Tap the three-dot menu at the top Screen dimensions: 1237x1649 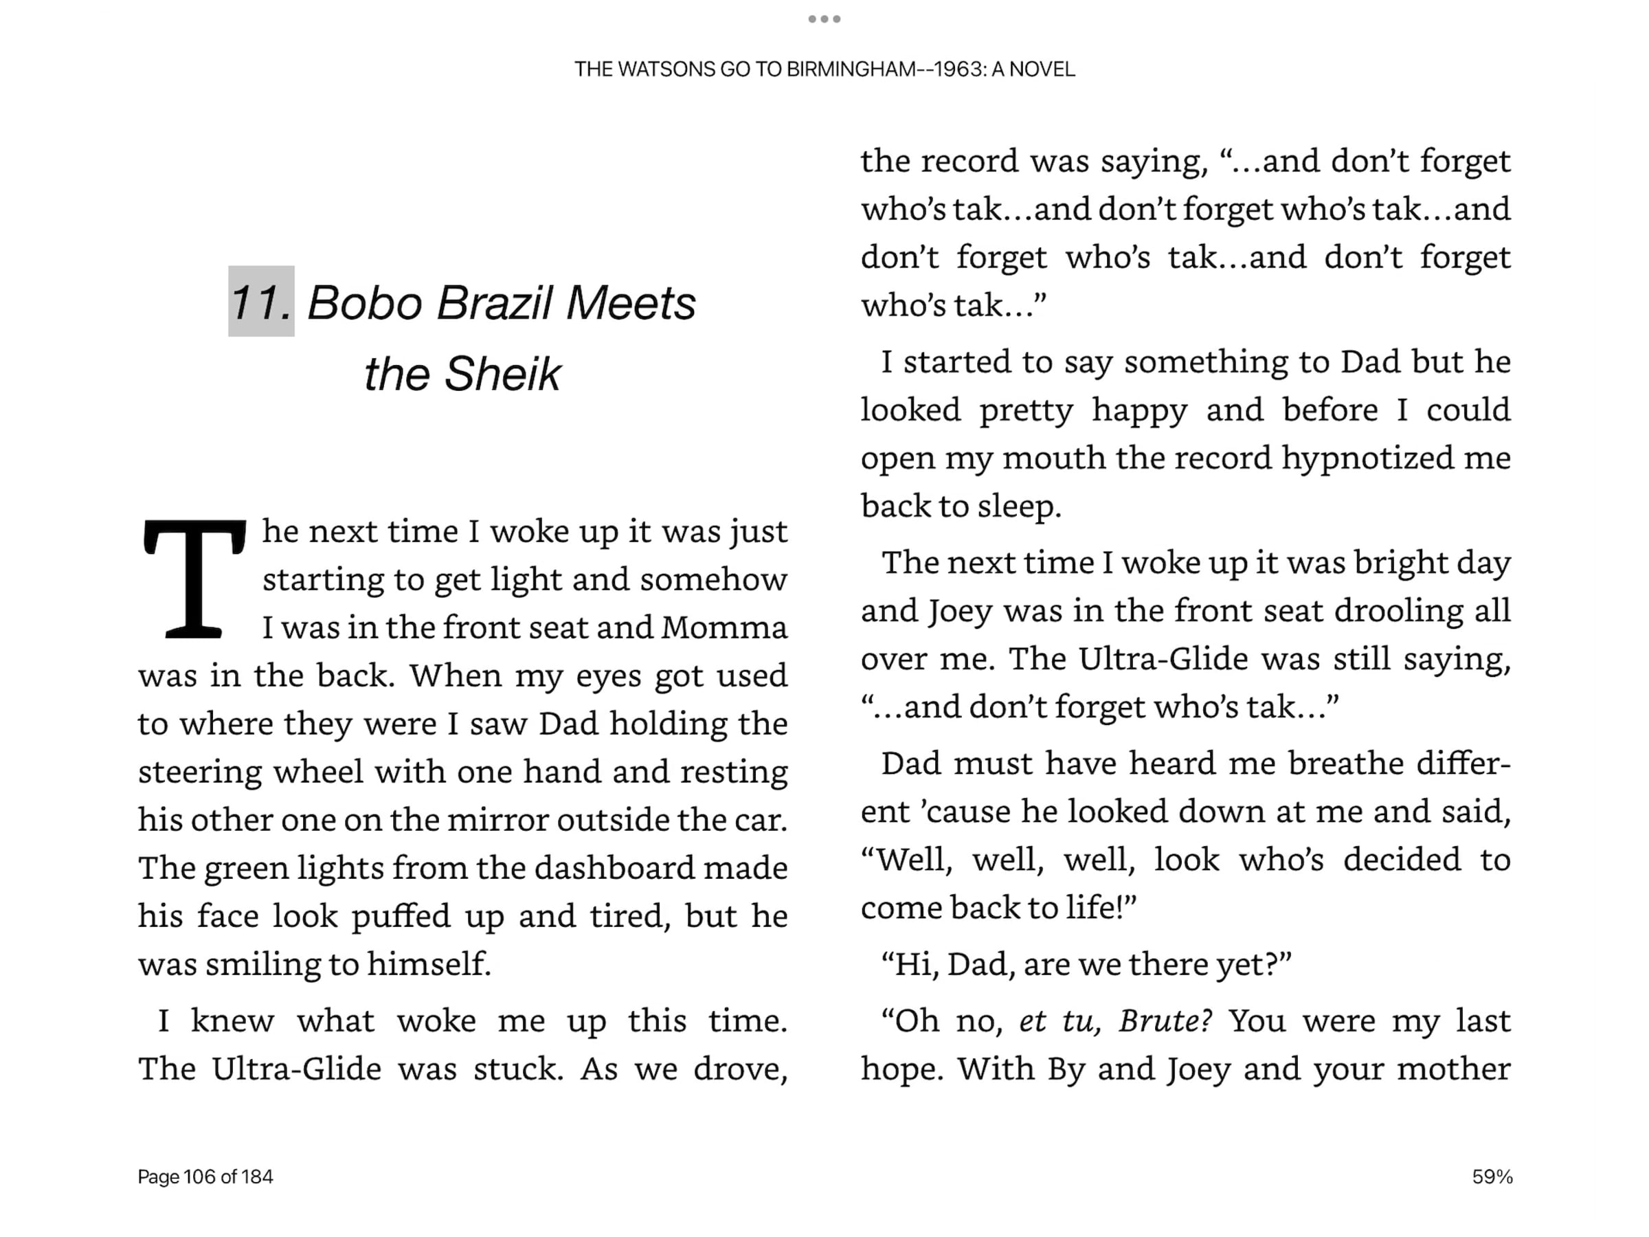click(824, 19)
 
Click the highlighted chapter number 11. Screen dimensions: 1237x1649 click(261, 302)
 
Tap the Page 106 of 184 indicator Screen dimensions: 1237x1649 click(205, 1177)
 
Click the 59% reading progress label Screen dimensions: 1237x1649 click(1492, 1177)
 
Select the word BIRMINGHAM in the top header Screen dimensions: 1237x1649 click(850, 69)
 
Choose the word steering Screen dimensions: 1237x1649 click(200, 772)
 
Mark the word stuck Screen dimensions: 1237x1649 click(518, 1069)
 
